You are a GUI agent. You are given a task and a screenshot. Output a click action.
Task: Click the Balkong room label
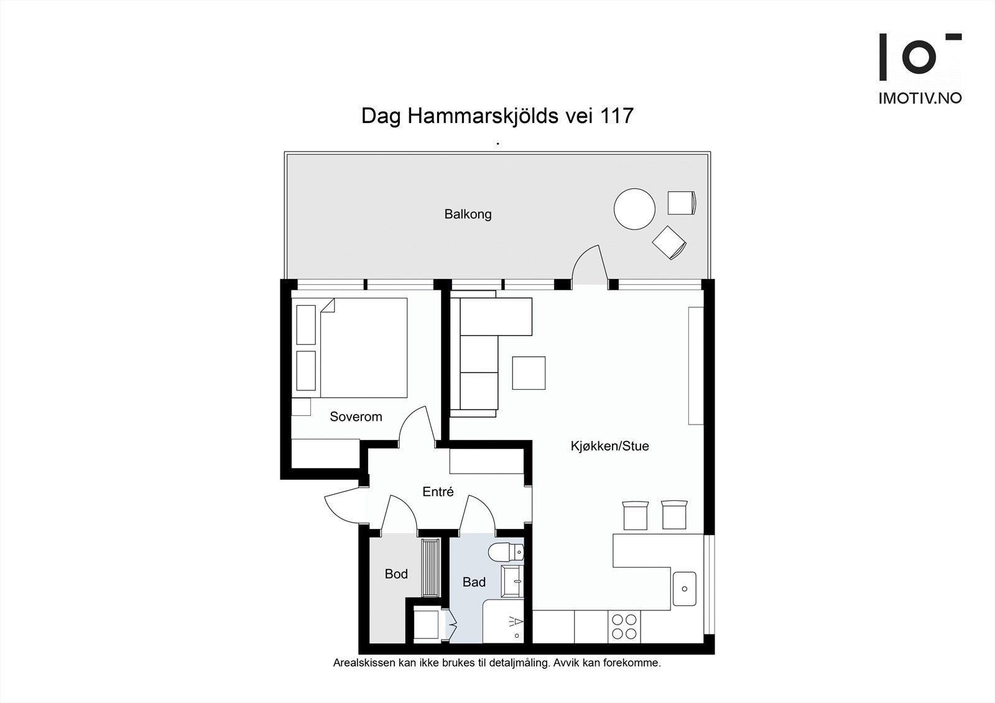point(468,214)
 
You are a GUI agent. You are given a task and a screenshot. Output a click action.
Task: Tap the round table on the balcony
point(634,209)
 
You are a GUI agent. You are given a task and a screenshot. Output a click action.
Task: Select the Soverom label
point(356,417)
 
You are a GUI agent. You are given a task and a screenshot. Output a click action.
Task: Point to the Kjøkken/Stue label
point(609,446)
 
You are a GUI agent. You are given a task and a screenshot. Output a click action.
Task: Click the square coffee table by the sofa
point(529,373)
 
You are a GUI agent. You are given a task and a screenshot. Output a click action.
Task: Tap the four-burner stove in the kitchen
point(624,626)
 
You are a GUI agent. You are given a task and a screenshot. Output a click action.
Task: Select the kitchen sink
point(684,589)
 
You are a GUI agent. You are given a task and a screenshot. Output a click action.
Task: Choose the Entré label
point(438,492)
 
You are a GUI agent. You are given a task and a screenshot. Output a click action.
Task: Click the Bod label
point(396,574)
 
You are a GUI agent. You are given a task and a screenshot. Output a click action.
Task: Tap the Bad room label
point(474,582)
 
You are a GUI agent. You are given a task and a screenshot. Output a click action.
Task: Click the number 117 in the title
point(616,116)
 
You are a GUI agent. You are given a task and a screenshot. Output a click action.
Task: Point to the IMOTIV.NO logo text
point(920,98)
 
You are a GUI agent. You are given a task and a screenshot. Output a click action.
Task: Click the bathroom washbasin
point(512,581)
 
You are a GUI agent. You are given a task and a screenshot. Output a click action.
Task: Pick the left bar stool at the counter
point(635,515)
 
